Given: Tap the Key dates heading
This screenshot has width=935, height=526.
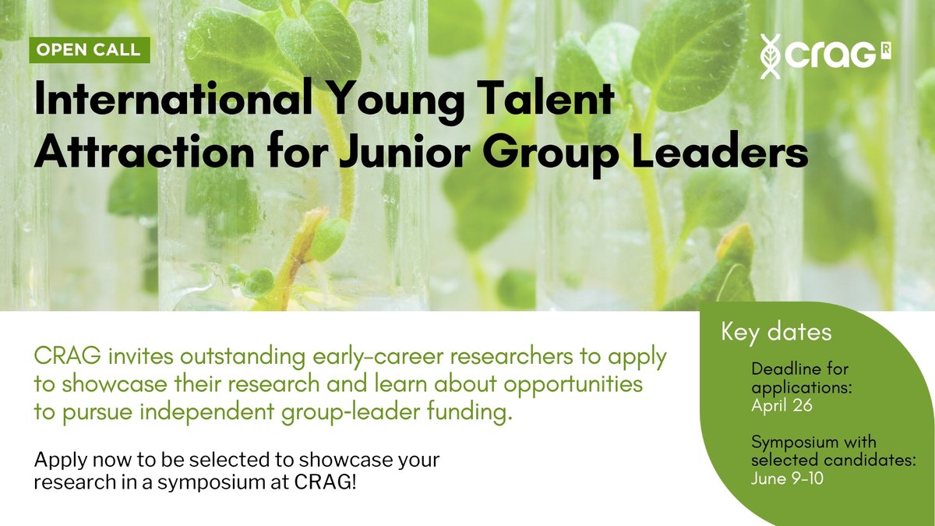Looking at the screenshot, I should tap(777, 332).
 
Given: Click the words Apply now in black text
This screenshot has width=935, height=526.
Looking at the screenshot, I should tap(70, 461).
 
